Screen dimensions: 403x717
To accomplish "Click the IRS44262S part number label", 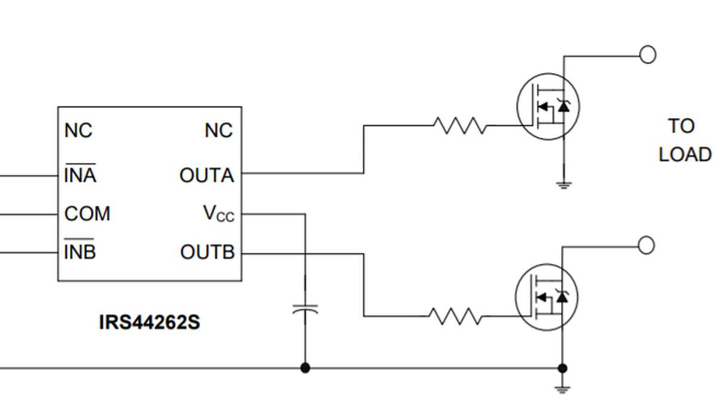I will tap(149, 323).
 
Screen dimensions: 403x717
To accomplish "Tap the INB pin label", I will tap(80, 252).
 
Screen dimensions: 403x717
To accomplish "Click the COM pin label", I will tap(87, 214).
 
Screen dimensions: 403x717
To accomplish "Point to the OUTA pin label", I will tap(207, 176).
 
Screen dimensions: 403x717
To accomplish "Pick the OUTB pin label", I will tap(207, 253).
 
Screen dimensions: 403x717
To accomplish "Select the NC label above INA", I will tap(78, 130).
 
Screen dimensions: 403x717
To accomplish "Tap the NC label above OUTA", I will tap(219, 130).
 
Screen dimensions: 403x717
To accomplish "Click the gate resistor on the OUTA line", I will tap(459, 125).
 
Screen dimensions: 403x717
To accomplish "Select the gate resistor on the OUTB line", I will tap(455, 316).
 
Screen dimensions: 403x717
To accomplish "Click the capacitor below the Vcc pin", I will tap(305, 310).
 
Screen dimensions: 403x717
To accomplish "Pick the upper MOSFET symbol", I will tap(547, 107).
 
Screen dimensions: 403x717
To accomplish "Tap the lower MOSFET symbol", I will tap(546, 297).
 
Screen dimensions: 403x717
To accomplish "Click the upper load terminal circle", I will tap(648, 55).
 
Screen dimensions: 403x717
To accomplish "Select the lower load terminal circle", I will tap(646, 245).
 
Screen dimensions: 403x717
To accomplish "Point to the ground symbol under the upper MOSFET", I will tap(563, 185).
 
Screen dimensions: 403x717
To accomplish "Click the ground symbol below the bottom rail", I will tap(562, 389).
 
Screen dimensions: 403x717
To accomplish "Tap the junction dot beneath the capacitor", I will tap(305, 368).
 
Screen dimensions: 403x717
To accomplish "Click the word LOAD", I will tap(685, 155).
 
